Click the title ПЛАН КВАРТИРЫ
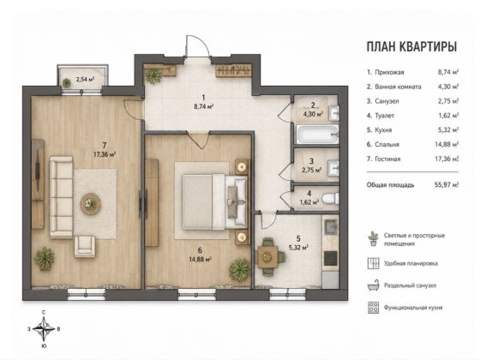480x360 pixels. (x=411, y=46)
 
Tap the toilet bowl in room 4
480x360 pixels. (x=331, y=198)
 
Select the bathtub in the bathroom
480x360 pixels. (x=317, y=134)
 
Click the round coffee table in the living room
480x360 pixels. (x=90, y=203)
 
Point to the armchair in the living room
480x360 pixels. (x=85, y=245)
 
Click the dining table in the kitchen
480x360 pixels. (x=267, y=256)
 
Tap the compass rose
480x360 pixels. (x=44, y=329)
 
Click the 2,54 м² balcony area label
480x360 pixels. (x=85, y=79)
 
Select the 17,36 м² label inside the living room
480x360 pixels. (x=105, y=154)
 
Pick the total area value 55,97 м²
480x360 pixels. (x=447, y=184)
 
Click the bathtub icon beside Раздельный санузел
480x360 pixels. (x=373, y=285)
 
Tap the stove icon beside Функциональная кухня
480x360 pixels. (x=373, y=308)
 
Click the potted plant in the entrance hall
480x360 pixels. (x=153, y=75)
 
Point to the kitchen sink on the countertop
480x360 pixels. (x=331, y=226)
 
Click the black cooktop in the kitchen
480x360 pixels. (x=331, y=258)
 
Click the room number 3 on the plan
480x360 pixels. (x=311, y=161)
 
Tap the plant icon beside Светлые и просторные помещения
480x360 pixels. (x=373, y=239)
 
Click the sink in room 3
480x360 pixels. (x=333, y=168)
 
